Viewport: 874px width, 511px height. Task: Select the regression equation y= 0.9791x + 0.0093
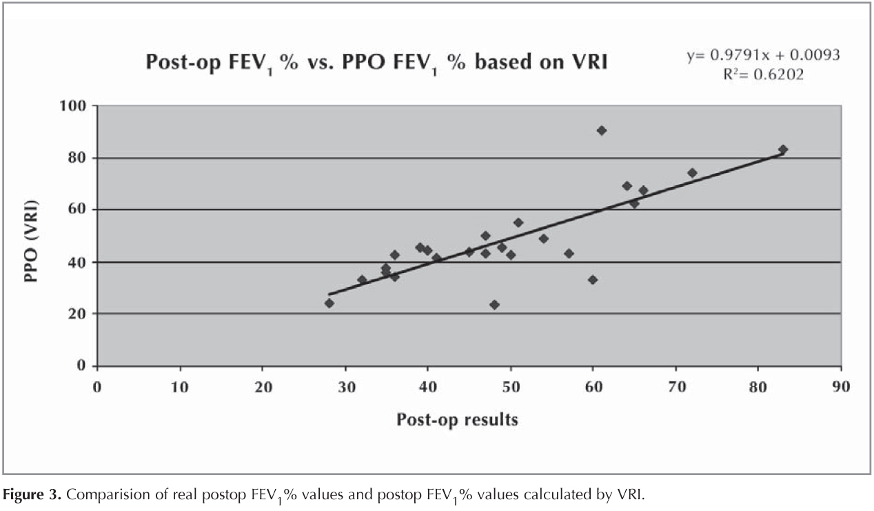763,55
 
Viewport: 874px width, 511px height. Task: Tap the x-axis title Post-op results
457,419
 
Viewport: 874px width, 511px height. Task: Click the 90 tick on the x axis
840,386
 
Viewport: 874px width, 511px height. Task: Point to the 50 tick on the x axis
510,386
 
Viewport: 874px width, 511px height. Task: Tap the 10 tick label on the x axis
180,386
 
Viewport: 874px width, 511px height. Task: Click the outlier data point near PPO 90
601,130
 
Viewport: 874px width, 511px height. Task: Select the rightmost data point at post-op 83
783,150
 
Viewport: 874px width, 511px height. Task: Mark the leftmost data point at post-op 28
329,303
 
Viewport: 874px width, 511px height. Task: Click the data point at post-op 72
692,173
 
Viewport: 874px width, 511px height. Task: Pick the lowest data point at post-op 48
494,305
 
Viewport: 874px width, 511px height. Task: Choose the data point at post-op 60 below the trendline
593,280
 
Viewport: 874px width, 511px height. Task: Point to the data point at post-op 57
569,254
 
